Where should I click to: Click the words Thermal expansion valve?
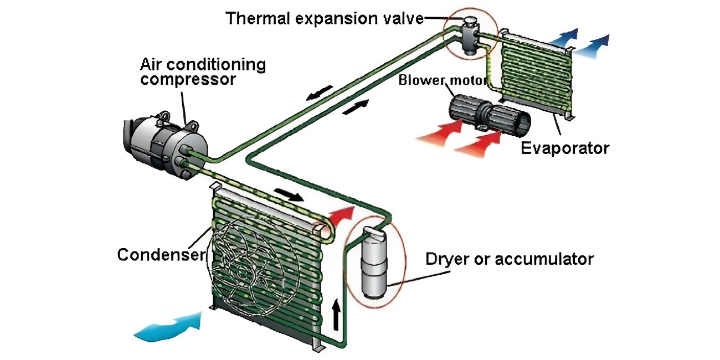324,18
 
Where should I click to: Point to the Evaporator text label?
565,148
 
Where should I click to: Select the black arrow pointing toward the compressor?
320,92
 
